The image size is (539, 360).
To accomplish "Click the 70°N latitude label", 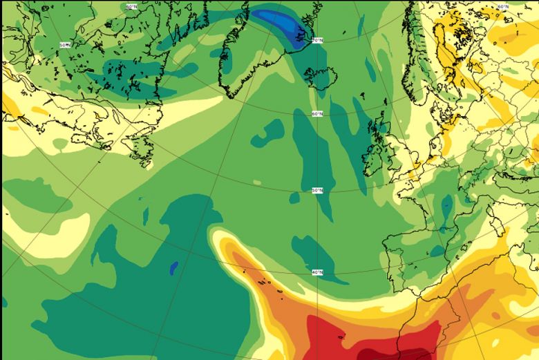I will click(317, 41).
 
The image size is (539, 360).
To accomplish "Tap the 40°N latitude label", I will click(318, 272).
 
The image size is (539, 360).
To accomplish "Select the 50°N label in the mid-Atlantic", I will click(318, 190).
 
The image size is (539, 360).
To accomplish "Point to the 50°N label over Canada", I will click(64, 45).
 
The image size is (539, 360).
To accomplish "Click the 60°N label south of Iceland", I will click(316, 113).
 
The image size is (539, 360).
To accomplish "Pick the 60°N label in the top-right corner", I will click(502, 7).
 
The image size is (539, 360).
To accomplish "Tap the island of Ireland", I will click(374, 157).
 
